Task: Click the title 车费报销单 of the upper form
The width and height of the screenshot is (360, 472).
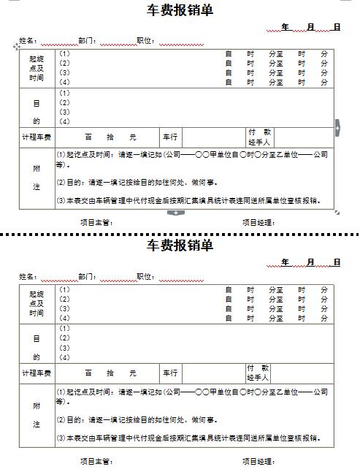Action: [180, 10]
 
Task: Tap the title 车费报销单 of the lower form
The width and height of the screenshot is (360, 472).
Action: [180, 245]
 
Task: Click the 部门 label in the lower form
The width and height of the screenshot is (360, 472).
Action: [87, 276]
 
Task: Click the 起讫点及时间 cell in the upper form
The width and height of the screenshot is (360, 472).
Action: [37, 68]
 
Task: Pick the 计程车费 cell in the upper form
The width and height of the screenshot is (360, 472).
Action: [37, 137]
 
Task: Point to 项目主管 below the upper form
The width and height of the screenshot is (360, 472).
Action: [96, 222]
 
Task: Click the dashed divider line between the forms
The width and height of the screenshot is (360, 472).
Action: [180, 235]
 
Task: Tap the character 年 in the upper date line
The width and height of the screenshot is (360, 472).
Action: [286, 27]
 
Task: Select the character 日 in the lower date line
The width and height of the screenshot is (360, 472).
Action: [337, 262]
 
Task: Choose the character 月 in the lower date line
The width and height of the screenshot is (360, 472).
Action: [311, 262]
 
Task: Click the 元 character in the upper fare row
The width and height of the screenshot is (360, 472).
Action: [132, 137]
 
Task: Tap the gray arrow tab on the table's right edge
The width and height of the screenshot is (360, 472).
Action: [337, 127]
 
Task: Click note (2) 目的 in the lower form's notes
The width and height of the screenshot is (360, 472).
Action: [137, 420]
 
